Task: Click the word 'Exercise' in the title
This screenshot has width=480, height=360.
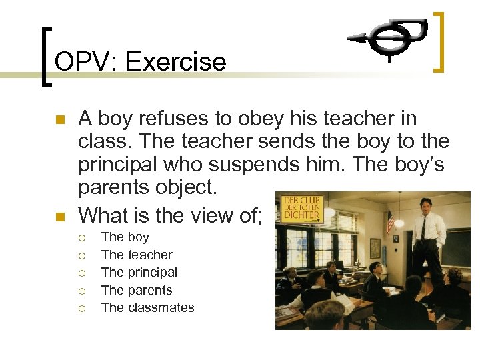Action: (x=176, y=62)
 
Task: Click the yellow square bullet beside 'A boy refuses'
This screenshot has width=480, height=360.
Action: (x=59, y=121)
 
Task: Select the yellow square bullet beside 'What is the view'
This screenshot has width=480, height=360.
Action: (x=59, y=216)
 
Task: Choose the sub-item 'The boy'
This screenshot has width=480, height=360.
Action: (x=125, y=237)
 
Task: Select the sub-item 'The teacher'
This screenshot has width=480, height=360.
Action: (x=137, y=255)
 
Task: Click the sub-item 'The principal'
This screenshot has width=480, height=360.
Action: (x=139, y=272)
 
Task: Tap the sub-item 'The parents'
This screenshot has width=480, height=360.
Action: (x=137, y=290)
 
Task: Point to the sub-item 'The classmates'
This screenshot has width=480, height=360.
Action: (x=147, y=307)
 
